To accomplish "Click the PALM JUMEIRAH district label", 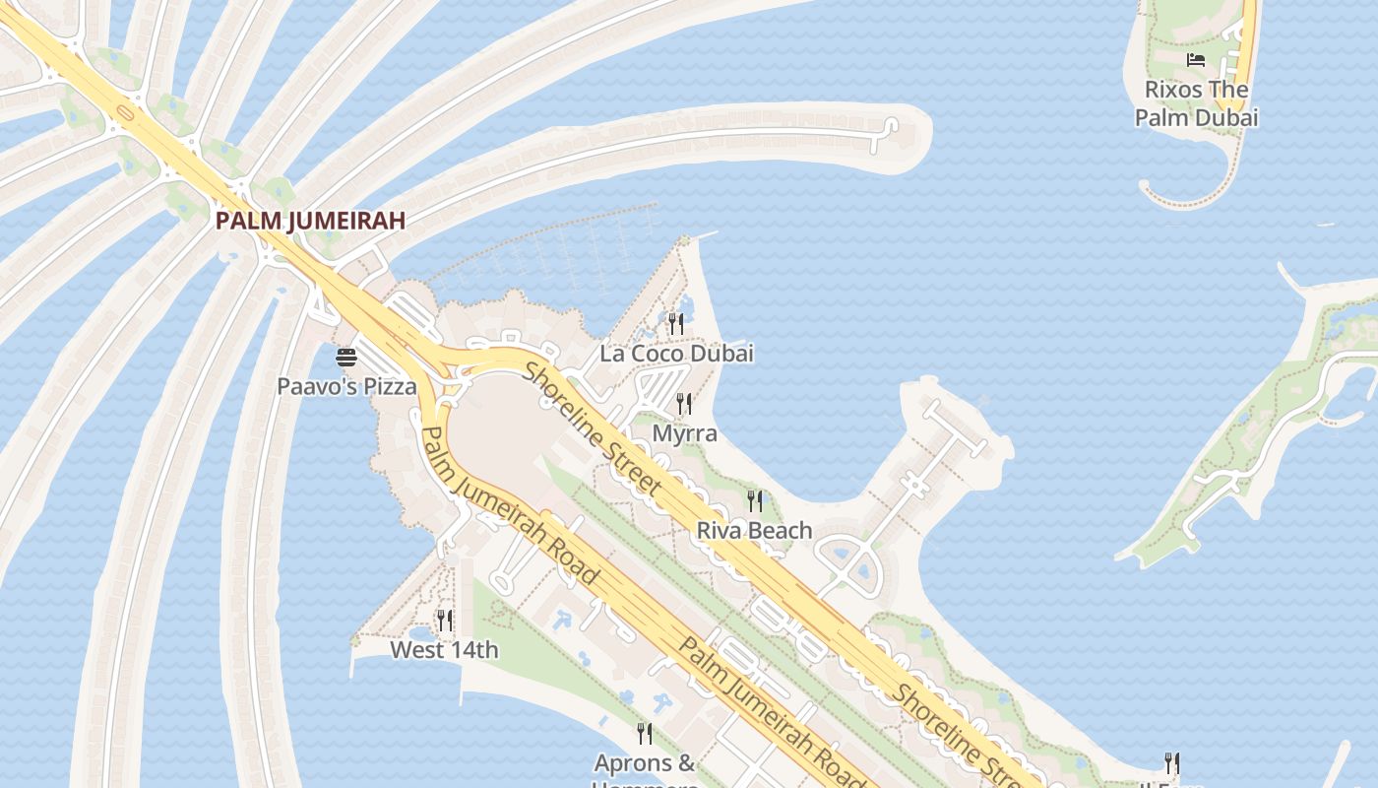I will [x=310, y=221].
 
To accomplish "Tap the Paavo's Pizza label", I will [x=346, y=386].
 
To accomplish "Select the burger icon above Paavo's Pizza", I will [x=345, y=357].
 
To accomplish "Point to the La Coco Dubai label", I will [x=677, y=354].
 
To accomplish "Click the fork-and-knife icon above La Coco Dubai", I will [x=675, y=322].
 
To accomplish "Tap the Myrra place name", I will [x=685, y=433].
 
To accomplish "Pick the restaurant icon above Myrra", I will [x=684, y=403].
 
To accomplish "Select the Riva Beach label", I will [x=754, y=531].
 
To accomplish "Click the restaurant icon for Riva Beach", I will [x=755, y=500].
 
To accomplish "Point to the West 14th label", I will [x=444, y=650].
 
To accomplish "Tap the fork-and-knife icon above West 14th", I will [x=445, y=620].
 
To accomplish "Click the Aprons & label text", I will [x=645, y=763].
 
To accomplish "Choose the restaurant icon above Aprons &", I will [x=645, y=733].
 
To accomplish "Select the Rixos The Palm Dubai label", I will [x=1196, y=103].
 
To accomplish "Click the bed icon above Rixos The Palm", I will [x=1196, y=60].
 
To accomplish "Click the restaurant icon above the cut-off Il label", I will [x=1171, y=763].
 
